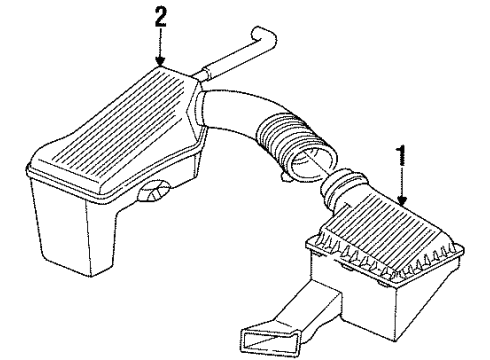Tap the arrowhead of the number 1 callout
tap(403, 205)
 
